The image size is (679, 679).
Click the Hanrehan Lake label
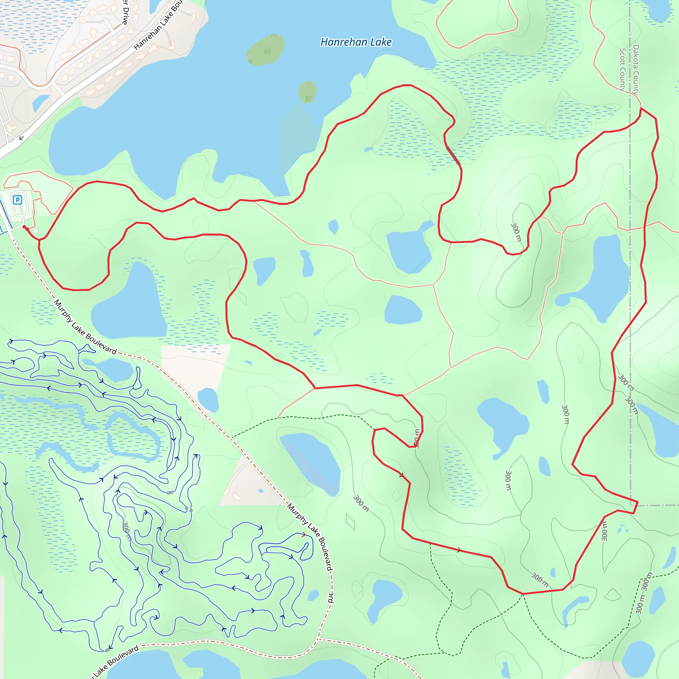tap(356, 42)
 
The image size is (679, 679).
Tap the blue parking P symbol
tap(18, 200)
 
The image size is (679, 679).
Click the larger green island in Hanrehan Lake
tap(265, 50)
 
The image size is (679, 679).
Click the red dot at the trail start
tap(24, 227)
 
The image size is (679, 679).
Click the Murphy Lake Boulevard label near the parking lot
tap(86, 327)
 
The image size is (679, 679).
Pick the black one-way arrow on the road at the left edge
tap(22, 138)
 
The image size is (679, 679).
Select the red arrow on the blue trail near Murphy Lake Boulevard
tap(304, 534)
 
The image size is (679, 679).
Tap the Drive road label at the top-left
tap(125, 12)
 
